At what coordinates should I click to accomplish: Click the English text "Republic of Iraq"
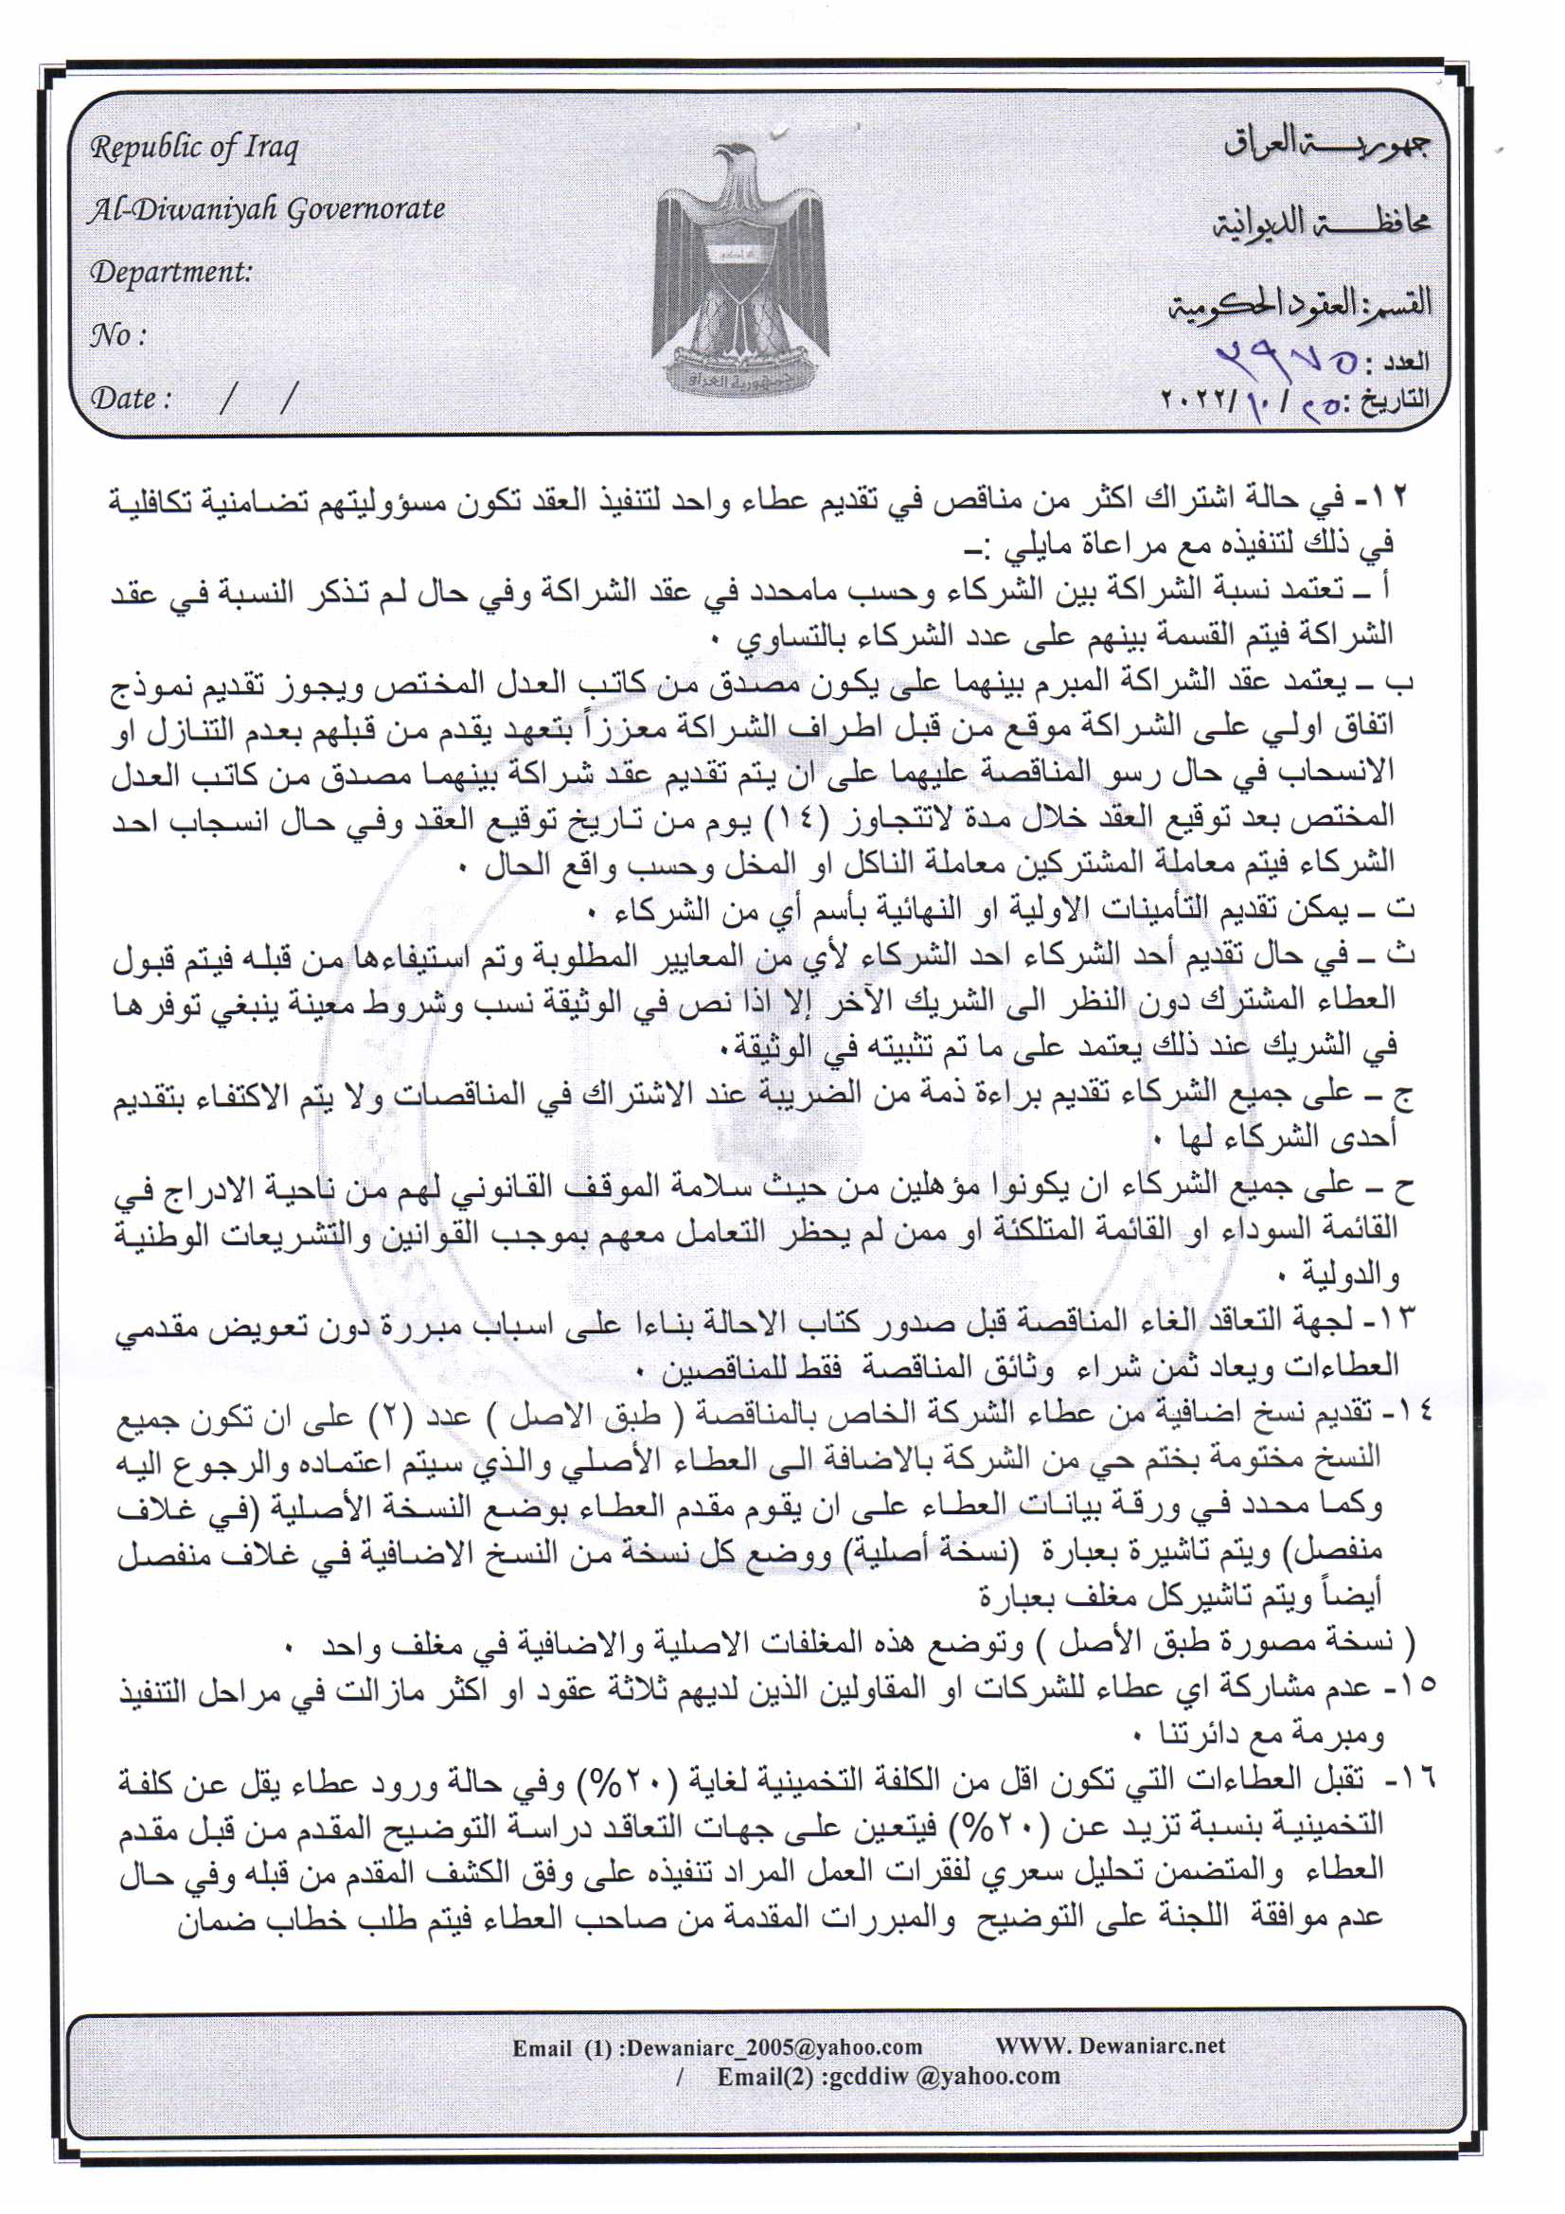click(x=194, y=149)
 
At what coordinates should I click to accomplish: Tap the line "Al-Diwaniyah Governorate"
click(x=266, y=209)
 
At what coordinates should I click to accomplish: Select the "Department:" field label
click(x=170, y=272)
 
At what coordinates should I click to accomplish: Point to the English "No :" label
click(x=117, y=334)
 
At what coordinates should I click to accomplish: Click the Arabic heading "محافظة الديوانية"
click(x=1321, y=223)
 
